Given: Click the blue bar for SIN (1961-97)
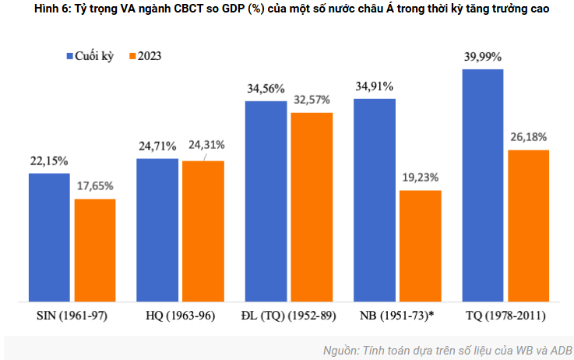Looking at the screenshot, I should click(x=49, y=237).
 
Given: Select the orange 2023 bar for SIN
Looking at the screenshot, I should click(x=95, y=249).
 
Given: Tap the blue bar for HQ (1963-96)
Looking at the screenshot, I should click(x=157, y=230).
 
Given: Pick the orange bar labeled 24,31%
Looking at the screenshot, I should click(x=203, y=231).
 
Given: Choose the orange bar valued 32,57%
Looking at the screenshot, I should click(x=312, y=206).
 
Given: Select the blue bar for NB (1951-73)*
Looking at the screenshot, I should click(x=374, y=199).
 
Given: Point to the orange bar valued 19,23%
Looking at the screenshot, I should click(x=420, y=245).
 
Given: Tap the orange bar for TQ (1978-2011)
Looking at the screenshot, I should click(x=528, y=225).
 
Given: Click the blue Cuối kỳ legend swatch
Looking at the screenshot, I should click(x=68, y=56).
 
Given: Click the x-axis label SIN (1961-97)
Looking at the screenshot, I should click(x=72, y=316).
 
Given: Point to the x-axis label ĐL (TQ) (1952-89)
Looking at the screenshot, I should click(x=288, y=316).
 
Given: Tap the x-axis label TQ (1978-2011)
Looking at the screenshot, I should click(x=505, y=316).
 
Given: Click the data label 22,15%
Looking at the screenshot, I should click(x=49, y=161).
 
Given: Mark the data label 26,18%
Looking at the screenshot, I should click(x=528, y=137).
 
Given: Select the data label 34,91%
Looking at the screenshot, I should click(x=374, y=86).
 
